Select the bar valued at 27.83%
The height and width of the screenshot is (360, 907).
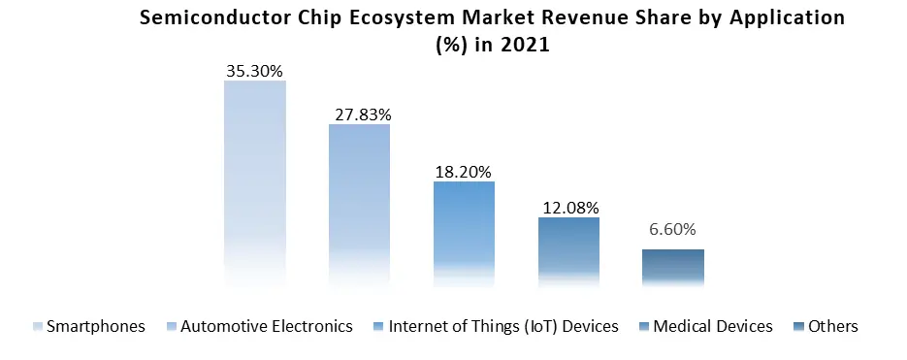pos(359,204)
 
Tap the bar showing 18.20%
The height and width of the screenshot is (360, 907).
pos(464,233)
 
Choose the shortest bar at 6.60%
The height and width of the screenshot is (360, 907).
pos(673,267)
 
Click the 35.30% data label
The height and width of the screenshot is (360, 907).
pos(255,70)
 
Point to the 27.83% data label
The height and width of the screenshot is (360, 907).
pos(360,114)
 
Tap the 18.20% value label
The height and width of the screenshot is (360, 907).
pos(464,171)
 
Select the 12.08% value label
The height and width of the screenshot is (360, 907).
pos(568,208)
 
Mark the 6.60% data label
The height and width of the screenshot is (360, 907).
pos(673,230)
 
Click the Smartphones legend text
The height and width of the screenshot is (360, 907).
pos(96,326)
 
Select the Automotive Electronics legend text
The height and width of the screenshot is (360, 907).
pos(267,326)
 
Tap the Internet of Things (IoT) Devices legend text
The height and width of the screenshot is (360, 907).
pos(502,326)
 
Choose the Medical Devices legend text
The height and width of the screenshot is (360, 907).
pos(713,326)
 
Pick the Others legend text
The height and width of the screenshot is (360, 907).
pos(833,326)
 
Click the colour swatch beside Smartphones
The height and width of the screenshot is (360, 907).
pos(39,327)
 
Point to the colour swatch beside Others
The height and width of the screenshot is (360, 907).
pos(799,327)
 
